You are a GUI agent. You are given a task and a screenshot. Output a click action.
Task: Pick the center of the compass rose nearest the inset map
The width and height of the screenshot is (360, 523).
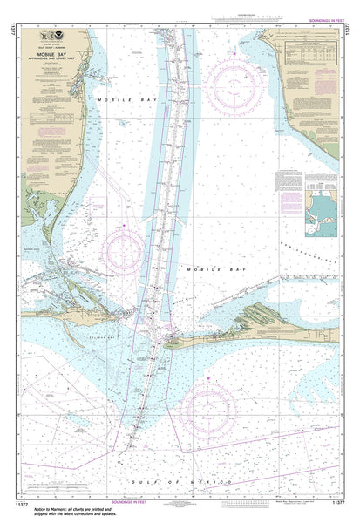[x=235, y=85]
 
